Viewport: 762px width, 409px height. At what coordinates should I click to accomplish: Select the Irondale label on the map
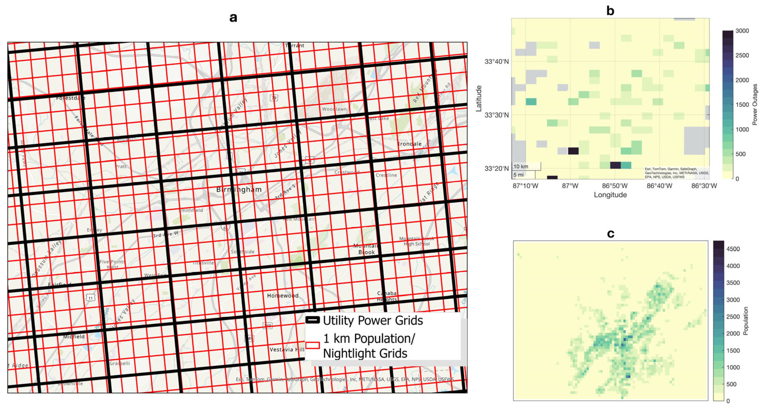click(x=409, y=144)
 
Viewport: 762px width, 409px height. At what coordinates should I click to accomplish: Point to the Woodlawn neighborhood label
click(x=334, y=109)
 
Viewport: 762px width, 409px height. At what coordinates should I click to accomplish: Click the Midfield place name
click(x=74, y=337)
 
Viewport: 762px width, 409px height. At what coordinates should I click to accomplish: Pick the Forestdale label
click(x=71, y=98)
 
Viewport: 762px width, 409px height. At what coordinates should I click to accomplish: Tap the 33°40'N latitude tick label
click(x=496, y=61)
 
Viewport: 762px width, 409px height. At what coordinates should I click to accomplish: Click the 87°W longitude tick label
click(x=570, y=186)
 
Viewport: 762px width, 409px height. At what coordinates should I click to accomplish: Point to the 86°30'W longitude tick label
click(x=704, y=186)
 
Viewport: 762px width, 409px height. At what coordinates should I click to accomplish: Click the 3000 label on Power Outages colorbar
click(x=742, y=31)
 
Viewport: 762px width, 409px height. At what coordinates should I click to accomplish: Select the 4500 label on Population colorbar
click(x=733, y=249)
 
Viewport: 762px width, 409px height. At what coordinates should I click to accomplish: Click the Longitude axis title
click(x=610, y=195)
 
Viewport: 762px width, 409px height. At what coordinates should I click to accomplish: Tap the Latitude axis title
click(x=479, y=98)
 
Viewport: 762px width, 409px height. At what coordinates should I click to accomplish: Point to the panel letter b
click(x=610, y=11)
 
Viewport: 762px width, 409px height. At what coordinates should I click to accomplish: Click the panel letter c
click(x=610, y=234)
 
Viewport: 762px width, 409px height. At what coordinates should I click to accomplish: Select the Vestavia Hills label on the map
click(x=287, y=349)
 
